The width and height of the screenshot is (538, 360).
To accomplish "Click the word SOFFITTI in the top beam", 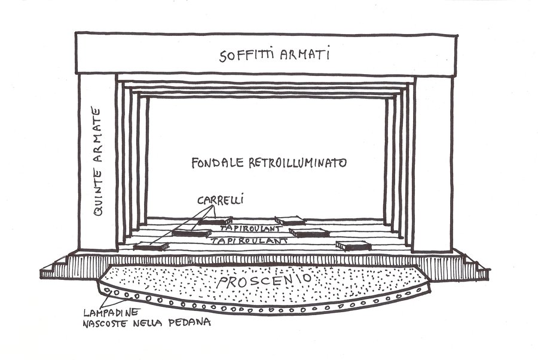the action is [247, 55].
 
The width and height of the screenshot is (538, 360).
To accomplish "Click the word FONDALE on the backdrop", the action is [218, 163].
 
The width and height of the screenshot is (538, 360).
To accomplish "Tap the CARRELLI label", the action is [220, 200].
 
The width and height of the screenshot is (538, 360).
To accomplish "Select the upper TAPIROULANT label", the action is [251, 228].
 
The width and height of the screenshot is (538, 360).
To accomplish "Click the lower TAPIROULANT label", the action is [249, 240].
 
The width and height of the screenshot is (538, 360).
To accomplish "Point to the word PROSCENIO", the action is [264, 280].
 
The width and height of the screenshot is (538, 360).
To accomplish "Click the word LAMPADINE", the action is [112, 312].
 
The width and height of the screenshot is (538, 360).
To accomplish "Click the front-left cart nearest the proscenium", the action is [151, 246].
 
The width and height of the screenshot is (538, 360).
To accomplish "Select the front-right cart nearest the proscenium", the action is [353, 245].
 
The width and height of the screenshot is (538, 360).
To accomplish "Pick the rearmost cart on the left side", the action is [215, 221].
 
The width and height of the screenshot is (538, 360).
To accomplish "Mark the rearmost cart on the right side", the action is [290, 220].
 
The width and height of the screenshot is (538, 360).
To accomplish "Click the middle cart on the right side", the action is [309, 233].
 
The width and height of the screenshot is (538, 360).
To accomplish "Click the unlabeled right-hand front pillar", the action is [432, 164].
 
